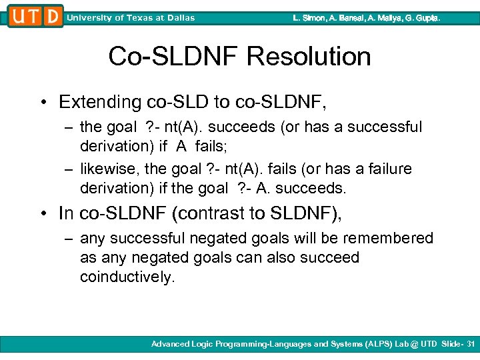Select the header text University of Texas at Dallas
131,18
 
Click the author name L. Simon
310,18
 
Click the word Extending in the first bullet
100,102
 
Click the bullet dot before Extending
43,103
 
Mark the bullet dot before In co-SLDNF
43,213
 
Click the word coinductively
127,277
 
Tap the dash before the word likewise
69,169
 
